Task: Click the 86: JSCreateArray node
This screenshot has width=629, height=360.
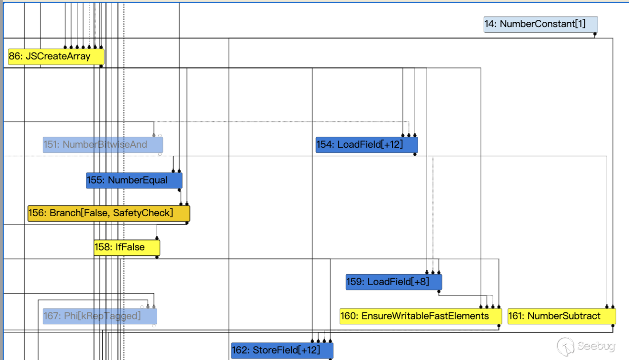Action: (x=56, y=57)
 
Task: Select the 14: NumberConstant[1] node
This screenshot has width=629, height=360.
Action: (x=541, y=24)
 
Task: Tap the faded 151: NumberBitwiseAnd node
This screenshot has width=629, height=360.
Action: (x=103, y=145)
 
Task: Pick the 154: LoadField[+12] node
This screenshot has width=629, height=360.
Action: (x=367, y=145)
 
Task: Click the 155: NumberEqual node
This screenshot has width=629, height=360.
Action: (x=134, y=180)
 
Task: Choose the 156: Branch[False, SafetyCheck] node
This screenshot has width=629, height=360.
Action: (x=109, y=213)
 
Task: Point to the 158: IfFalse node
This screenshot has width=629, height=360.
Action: (x=127, y=247)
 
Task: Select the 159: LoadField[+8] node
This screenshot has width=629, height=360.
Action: (x=394, y=282)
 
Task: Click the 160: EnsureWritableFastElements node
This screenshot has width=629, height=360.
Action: (x=421, y=316)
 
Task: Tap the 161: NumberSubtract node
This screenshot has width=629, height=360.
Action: (x=562, y=316)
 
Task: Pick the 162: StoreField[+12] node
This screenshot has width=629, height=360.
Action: (x=282, y=351)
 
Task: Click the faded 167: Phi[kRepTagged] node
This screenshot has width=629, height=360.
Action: (x=100, y=316)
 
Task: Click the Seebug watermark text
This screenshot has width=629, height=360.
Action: (x=596, y=346)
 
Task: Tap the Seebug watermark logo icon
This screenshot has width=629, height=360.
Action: (x=566, y=346)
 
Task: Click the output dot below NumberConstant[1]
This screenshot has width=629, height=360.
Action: (x=595, y=34)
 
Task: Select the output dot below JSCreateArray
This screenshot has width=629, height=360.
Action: (x=101, y=66)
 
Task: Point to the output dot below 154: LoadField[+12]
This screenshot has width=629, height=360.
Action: (x=415, y=154)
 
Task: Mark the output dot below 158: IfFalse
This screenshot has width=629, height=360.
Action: (x=157, y=257)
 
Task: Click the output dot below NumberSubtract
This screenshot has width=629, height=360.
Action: (x=613, y=326)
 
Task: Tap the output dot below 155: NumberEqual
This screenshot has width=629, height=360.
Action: (x=179, y=190)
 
